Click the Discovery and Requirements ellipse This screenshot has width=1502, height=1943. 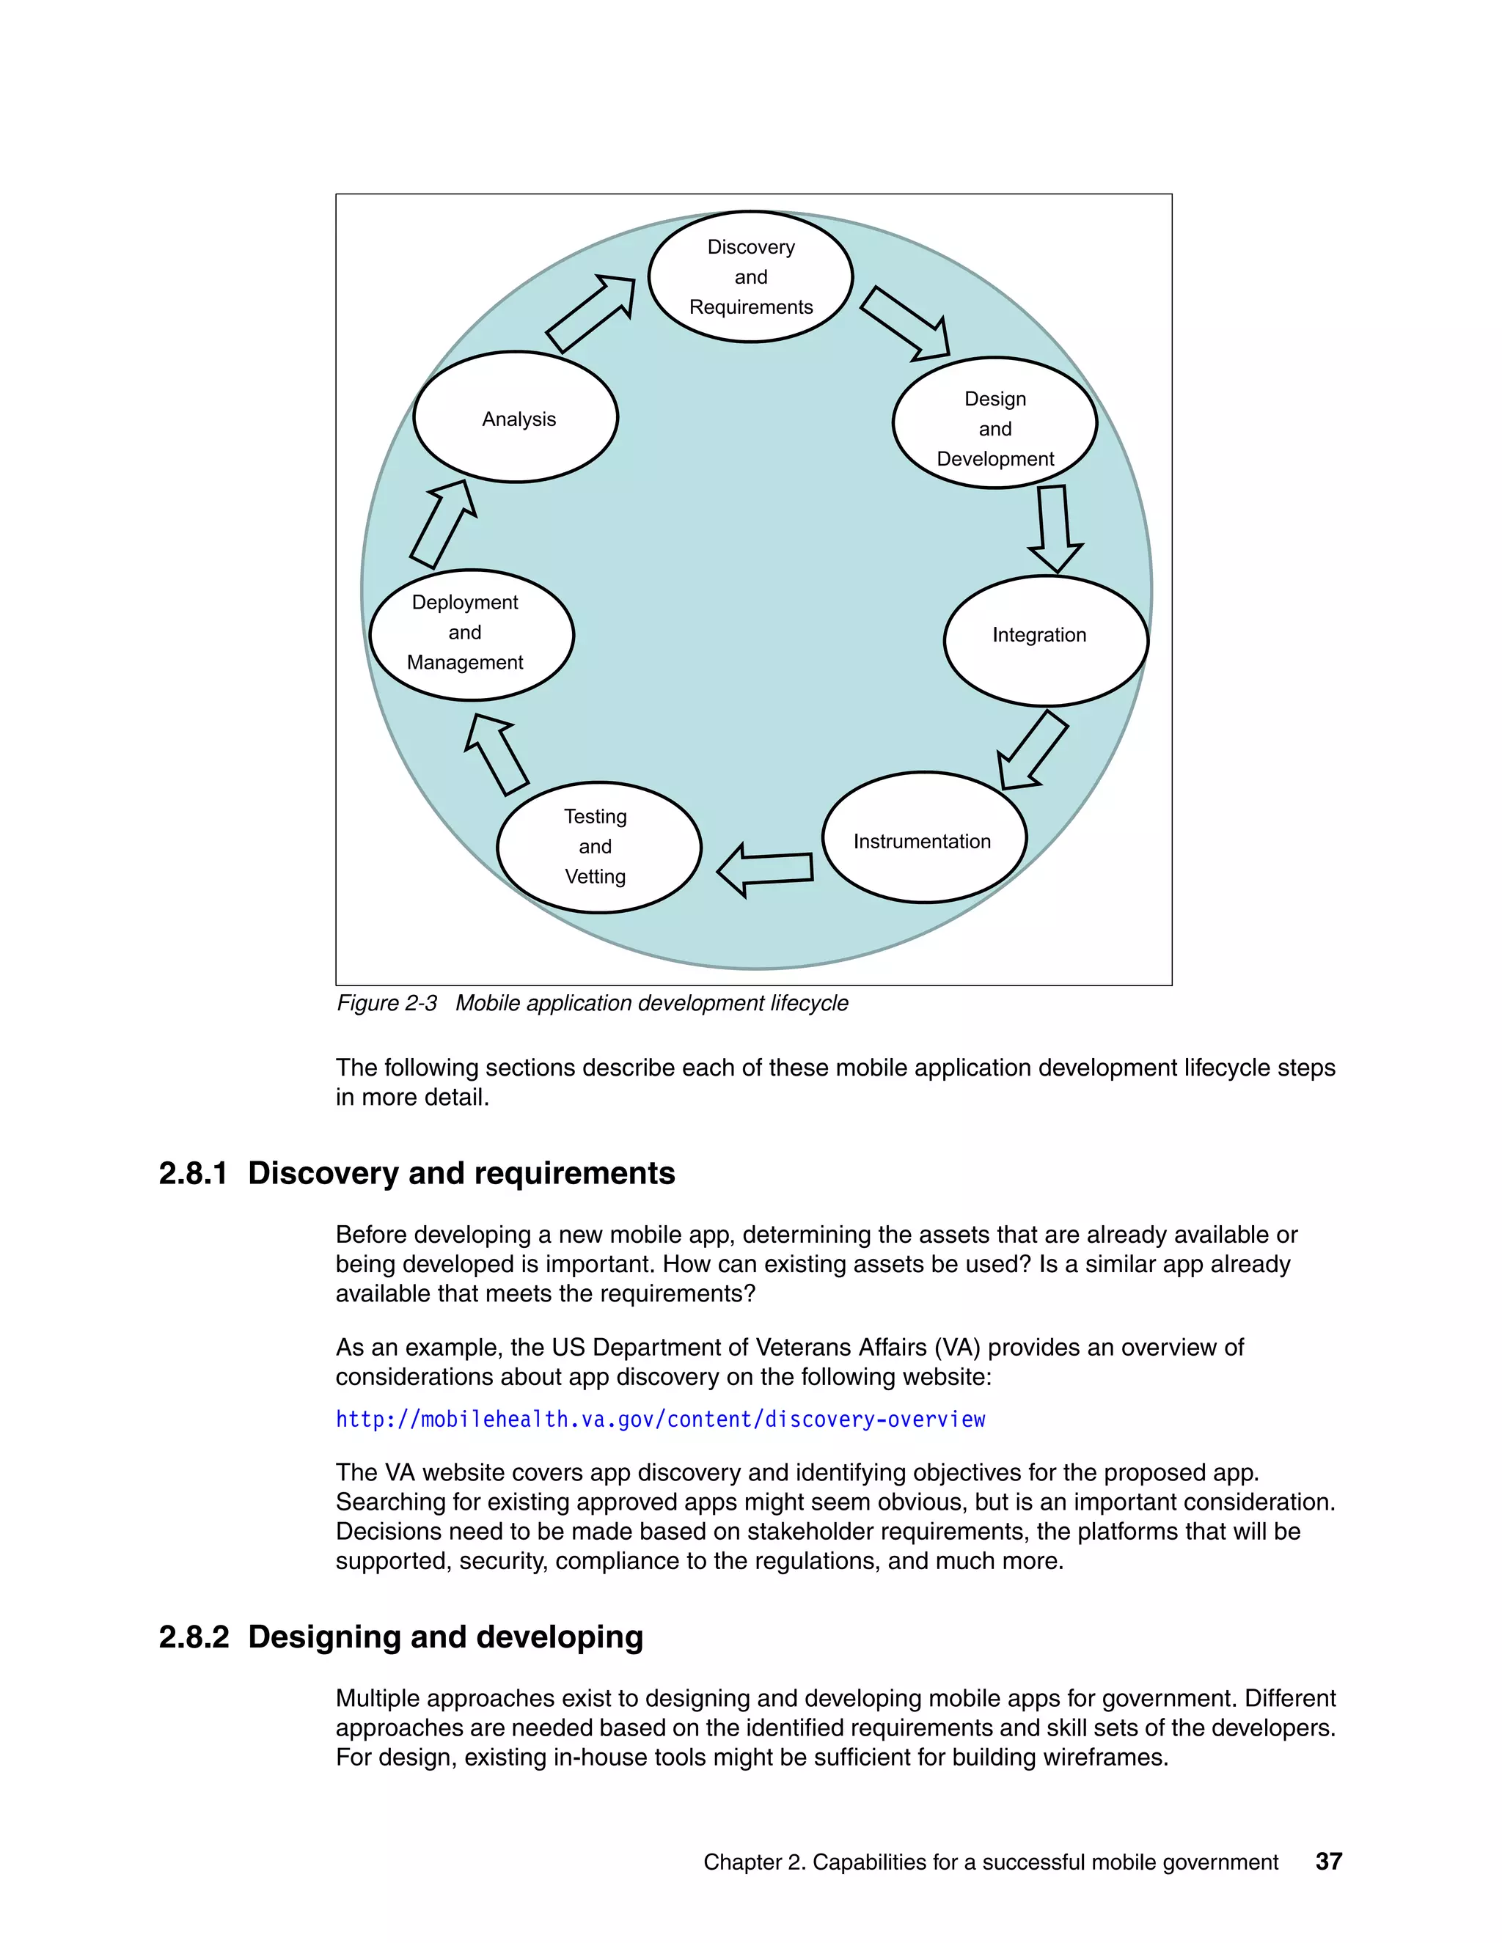(x=750, y=276)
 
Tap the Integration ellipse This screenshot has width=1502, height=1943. (x=1046, y=641)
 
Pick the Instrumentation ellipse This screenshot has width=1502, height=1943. (x=923, y=838)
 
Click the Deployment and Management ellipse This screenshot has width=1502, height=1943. (x=472, y=634)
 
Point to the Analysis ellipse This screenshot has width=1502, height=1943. (x=516, y=417)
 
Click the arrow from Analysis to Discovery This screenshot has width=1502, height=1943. (x=592, y=313)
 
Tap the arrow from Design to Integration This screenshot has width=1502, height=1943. (x=1055, y=529)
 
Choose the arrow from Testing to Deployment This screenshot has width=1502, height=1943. (x=497, y=754)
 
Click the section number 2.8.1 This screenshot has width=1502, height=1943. (x=193, y=1173)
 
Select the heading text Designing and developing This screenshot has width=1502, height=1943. (x=445, y=1637)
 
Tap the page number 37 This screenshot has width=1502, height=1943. (x=1328, y=1861)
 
